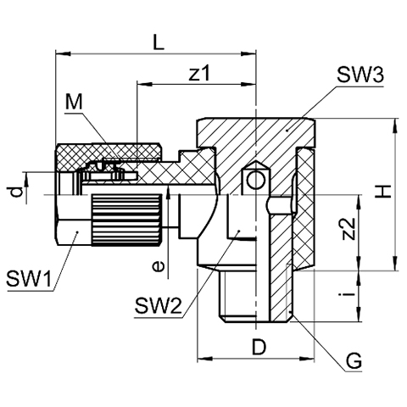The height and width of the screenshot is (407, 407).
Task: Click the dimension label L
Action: pyautogui.click(x=159, y=42)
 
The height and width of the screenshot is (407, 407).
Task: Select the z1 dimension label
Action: pyautogui.click(x=199, y=73)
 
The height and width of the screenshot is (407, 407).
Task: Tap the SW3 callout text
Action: pyautogui.click(x=360, y=75)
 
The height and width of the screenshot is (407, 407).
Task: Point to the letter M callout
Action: pyautogui.click(x=74, y=102)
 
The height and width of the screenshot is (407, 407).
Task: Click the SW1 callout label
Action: pyautogui.click(x=29, y=278)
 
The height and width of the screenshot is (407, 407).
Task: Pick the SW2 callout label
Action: pyautogui.click(x=158, y=306)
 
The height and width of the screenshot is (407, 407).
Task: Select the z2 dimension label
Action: pyautogui.click(x=348, y=229)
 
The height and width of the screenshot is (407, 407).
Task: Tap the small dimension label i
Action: pyautogui.click(x=348, y=295)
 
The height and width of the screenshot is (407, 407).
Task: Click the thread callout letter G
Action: pyautogui.click(x=354, y=360)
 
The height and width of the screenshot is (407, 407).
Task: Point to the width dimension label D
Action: pyautogui.click(x=259, y=348)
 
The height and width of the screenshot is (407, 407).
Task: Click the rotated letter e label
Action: pyautogui.click(x=158, y=266)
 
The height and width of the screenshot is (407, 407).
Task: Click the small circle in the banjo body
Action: pyautogui.click(x=255, y=180)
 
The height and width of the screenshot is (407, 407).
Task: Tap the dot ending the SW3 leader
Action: pyautogui.click(x=287, y=131)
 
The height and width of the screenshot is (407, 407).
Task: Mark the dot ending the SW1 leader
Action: pyautogui.click(x=76, y=232)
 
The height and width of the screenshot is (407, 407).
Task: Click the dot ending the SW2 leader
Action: pyautogui.click(x=239, y=231)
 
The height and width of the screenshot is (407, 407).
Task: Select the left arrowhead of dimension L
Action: pyautogui.click(x=63, y=53)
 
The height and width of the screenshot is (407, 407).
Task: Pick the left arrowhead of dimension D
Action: pyautogui.click(x=204, y=359)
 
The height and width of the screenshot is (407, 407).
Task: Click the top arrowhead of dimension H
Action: pyautogui.click(x=395, y=125)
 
